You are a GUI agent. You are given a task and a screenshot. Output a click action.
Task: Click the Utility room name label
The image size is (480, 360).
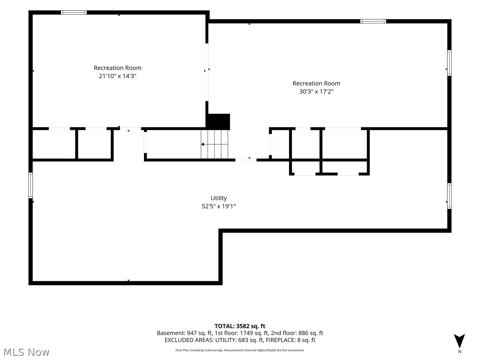click(219, 198)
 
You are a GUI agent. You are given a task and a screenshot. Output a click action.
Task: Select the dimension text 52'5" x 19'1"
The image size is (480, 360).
click(219, 206)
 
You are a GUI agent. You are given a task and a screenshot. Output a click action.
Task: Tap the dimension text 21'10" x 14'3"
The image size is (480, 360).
click(117, 76)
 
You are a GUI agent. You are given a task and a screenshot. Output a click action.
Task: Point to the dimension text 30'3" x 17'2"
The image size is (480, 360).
click(316, 92)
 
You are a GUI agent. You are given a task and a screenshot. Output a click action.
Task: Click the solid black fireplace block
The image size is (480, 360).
click(219, 122)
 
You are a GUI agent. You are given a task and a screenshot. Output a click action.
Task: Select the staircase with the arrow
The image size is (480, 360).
click(214, 144)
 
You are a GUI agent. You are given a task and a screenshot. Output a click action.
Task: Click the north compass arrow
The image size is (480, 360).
click(459, 341)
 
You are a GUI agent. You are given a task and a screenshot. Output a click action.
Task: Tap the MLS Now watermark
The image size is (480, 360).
click(27, 352)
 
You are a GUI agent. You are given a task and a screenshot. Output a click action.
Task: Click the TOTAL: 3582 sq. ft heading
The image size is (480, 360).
click(240, 326)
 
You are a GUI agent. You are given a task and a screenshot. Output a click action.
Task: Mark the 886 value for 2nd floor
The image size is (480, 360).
click(303, 333)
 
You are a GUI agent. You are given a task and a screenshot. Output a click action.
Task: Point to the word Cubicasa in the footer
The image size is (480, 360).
click(211, 350)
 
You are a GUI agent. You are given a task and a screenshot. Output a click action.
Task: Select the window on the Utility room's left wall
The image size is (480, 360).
click(31, 185)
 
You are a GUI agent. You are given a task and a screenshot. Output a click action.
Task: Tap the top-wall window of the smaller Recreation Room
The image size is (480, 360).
click(74, 12)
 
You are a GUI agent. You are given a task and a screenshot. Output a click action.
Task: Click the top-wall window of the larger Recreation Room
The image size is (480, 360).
click(373, 21)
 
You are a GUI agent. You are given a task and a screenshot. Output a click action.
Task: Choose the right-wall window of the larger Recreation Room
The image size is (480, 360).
click(449, 63)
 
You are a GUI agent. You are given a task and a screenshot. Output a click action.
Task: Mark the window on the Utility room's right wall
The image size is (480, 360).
click(449, 196)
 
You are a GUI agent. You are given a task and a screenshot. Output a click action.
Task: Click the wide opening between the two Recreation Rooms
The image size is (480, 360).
click(207, 72)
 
